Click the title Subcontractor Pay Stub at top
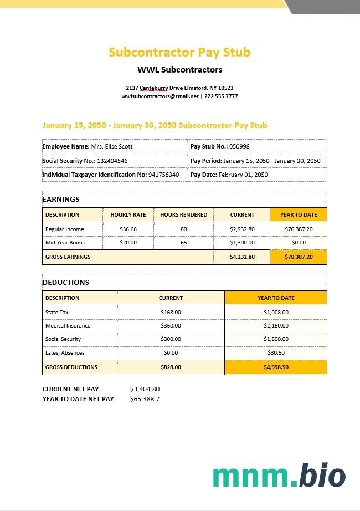179,52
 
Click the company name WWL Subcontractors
179,70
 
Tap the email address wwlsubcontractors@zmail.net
160,96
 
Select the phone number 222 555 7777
221,96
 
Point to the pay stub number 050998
239,146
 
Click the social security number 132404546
112,161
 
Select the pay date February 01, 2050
243,175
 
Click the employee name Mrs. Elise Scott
112,146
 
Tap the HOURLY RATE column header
128,214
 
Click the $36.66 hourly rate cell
128,229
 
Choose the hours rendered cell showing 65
183,243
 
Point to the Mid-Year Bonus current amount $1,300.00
242,243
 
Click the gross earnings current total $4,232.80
242,257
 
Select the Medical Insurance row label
68,326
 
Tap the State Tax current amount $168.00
171,312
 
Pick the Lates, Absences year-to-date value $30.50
276,353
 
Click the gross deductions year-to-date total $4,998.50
276,367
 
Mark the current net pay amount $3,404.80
145,389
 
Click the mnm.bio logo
279,476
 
